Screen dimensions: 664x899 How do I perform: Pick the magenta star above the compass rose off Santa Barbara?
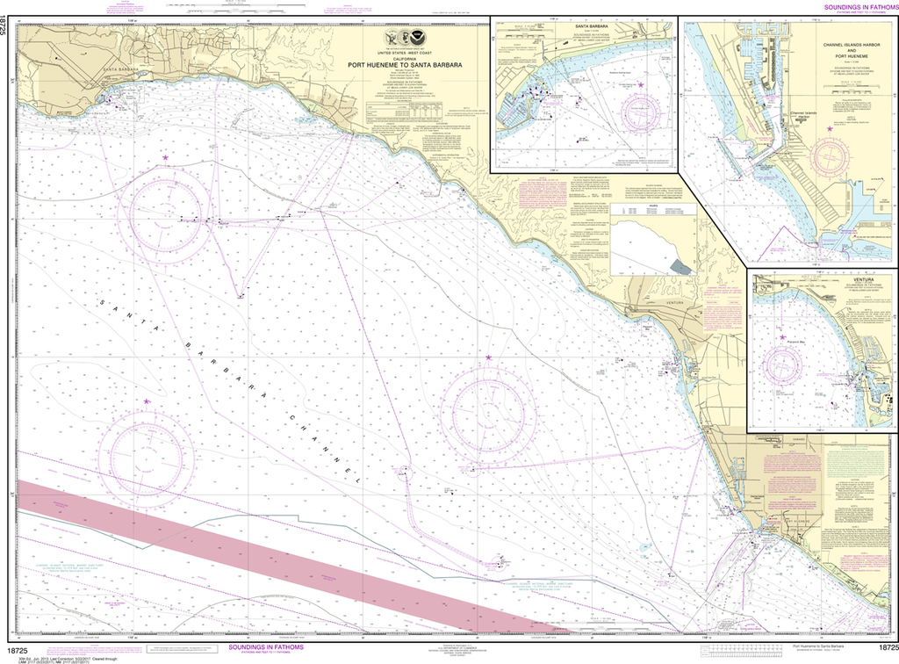[164, 156]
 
